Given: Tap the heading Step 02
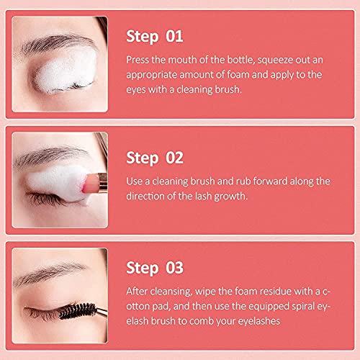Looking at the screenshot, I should pos(156,156).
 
